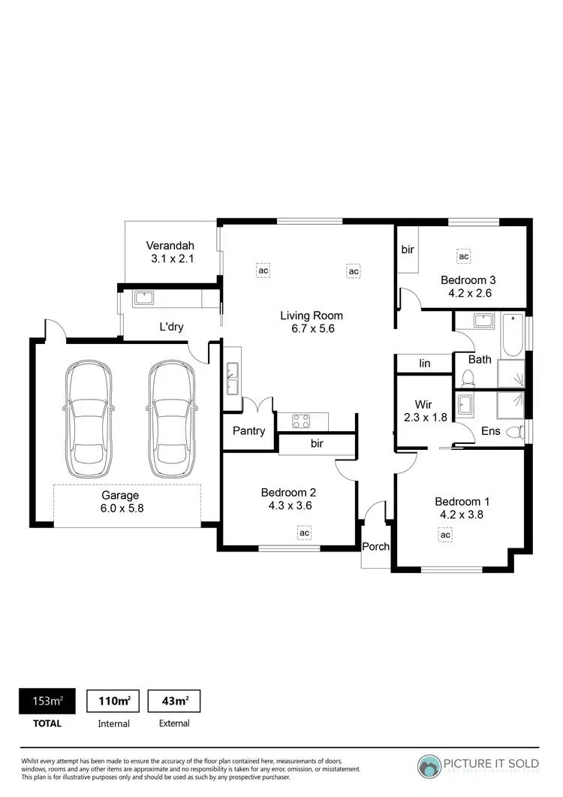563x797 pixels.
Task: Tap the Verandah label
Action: tap(170, 246)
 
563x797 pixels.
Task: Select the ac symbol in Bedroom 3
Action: tap(464, 256)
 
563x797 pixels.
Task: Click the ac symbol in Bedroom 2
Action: tap(305, 533)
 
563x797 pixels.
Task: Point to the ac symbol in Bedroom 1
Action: tap(445, 534)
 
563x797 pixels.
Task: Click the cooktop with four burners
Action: tap(302, 421)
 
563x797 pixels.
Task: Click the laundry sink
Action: tap(143, 297)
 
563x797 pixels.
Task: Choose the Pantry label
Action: tap(249, 431)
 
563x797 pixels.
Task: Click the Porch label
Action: tap(375, 546)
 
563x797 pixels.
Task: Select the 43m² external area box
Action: tap(173, 702)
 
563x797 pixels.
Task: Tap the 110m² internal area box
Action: tap(114, 702)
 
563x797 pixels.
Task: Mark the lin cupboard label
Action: tap(425, 364)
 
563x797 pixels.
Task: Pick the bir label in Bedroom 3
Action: tap(408, 249)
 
